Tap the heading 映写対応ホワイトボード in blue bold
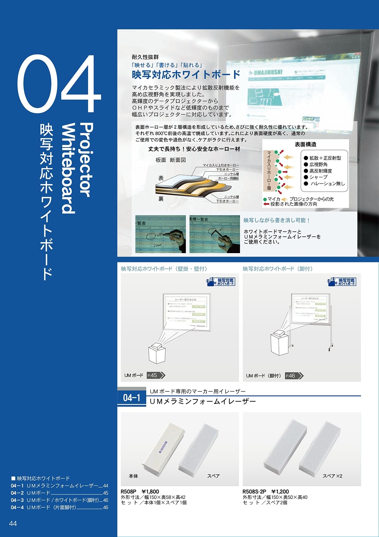pyautogui.click(x=186, y=75)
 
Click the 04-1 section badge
pyautogui.click(x=131, y=397)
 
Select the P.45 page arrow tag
pyautogui.click(x=156, y=375)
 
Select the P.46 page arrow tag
pyautogui.click(x=294, y=376)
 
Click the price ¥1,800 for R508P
pyautogui.click(x=150, y=491)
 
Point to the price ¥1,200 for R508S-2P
pyautogui.click(x=280, y=491)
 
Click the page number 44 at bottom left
pyautogui.click(x=13, y=523)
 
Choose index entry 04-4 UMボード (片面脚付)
pyautogui.click(x=59, y=507)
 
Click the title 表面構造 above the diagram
pyautogui.click(x=305, y=145)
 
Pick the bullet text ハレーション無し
pyautogui.click(x=327, y=184)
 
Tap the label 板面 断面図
pyautogui.click(x=171, y=160)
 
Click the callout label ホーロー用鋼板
pyautogui.click(x=228, y=178)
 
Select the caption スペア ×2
pyautogui.click(x=332, y=476)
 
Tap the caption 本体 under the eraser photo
pyautogui.click(x=133, y=476)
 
